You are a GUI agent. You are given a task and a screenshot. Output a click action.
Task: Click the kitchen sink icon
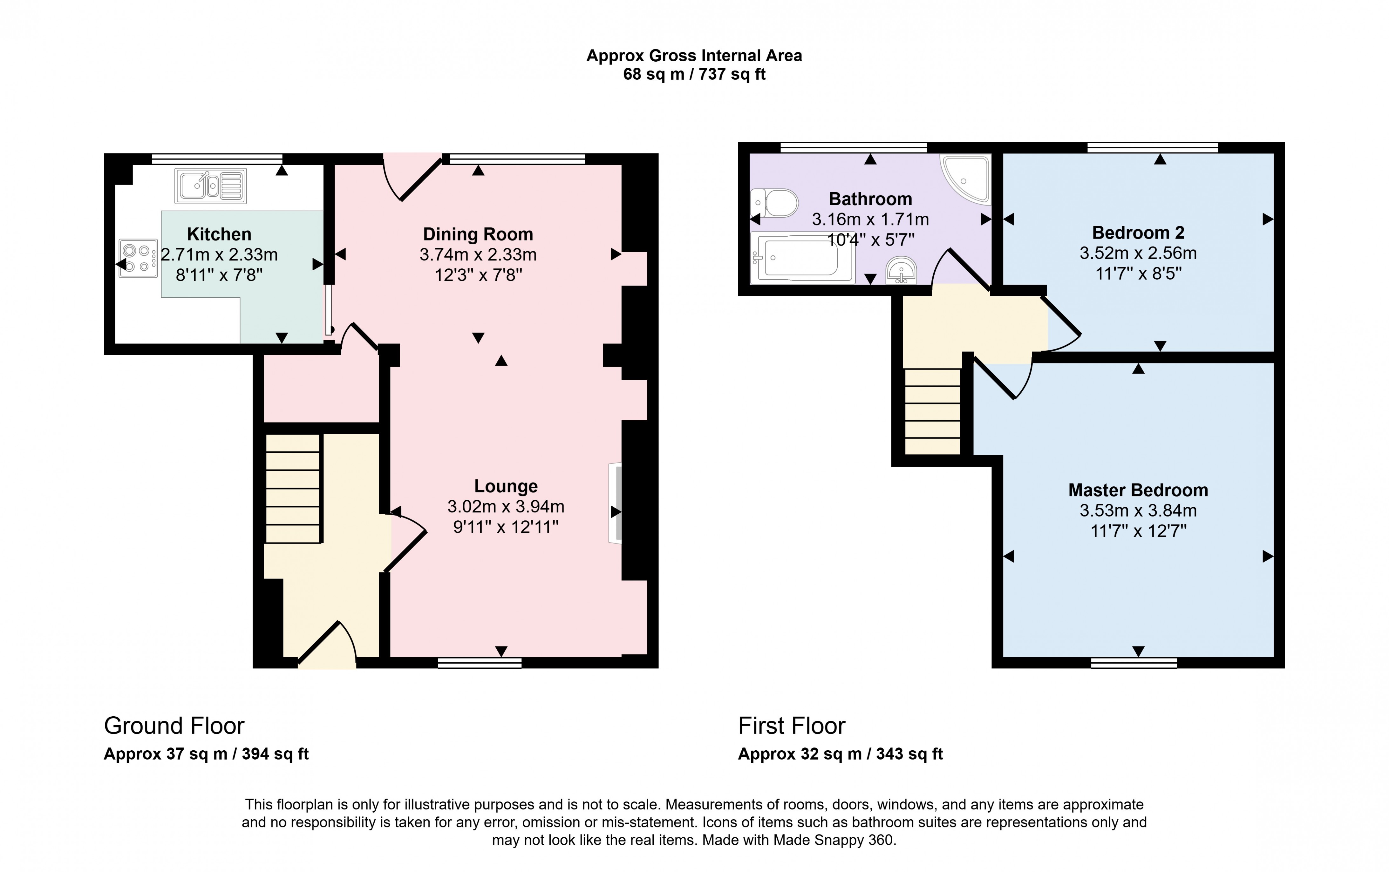pos(211,186)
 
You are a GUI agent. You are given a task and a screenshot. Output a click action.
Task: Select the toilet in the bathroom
pos(775,203)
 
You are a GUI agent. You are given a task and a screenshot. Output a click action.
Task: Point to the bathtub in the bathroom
pos(802,258)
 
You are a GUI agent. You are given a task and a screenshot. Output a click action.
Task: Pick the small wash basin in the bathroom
pos(901,270)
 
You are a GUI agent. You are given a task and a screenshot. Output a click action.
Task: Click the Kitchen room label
pos(219,234)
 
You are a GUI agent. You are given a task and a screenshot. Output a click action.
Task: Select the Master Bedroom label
pos(1138,490)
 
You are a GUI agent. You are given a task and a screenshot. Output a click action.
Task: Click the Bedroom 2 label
pos(1138,233)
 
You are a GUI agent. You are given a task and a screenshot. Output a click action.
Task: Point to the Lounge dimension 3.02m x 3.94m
pos(505,506)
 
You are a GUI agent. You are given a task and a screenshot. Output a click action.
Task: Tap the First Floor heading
pos(791,726)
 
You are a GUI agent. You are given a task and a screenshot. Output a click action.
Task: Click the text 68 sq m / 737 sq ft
pos(694,74)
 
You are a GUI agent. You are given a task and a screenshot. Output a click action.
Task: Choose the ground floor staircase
pos(292,489)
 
